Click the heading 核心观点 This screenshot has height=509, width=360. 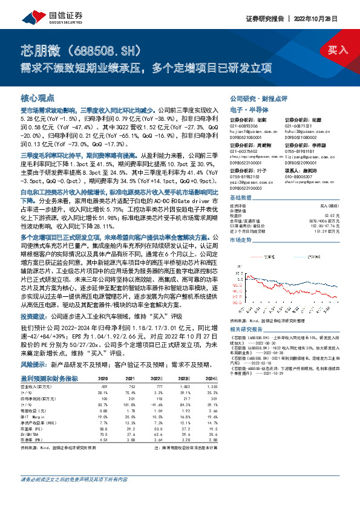(38, 97)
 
